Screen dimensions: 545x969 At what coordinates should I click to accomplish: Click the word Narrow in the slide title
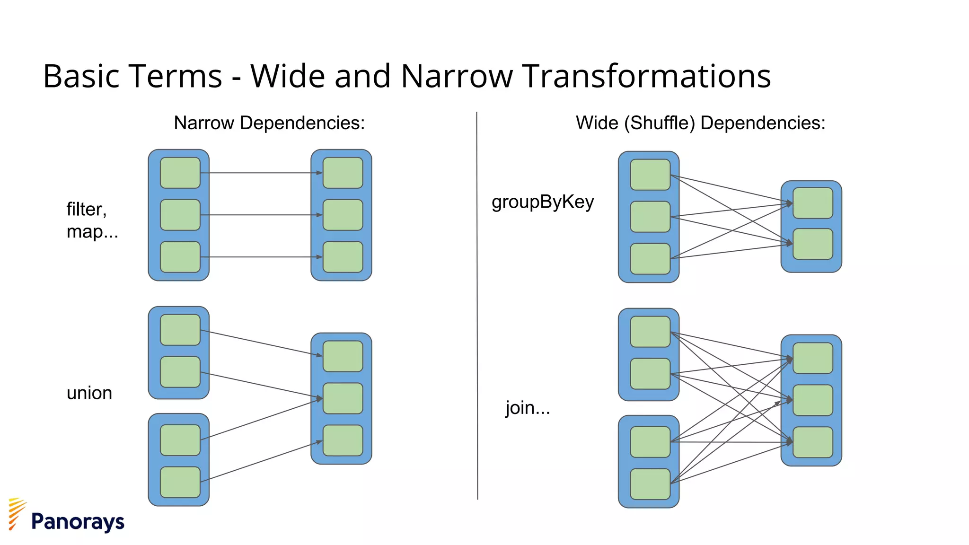457,76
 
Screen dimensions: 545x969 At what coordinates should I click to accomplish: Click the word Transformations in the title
647,76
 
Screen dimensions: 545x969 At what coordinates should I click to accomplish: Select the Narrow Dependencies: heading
269,123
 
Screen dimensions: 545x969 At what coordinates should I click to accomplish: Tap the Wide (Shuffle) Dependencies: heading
700,123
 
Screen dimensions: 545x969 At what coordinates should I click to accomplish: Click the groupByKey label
542,202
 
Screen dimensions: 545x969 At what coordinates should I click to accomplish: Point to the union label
89,393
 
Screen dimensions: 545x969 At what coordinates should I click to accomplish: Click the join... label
528,408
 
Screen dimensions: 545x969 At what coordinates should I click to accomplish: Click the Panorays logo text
78,521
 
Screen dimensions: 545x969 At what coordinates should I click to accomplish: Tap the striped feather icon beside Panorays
17,513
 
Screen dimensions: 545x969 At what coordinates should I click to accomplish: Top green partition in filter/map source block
180,173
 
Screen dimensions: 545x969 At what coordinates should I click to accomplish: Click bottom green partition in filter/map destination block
343,257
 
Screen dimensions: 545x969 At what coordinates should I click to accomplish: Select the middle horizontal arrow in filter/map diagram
260,215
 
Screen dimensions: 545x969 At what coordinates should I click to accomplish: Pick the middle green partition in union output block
343,398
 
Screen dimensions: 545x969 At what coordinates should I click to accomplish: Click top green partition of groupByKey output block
812,203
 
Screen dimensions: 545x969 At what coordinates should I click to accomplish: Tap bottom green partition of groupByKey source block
650,259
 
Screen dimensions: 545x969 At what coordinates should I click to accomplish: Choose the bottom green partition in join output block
812,442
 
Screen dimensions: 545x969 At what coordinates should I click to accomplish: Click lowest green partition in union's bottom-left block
180,482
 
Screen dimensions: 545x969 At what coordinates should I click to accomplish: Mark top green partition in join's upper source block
650,332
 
